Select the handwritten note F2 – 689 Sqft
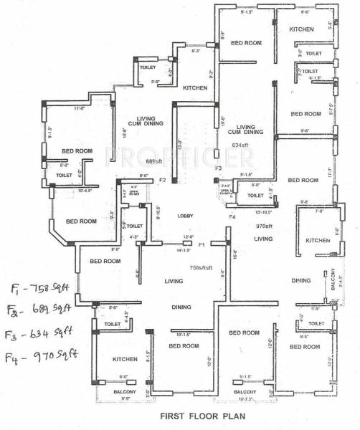point(41,310)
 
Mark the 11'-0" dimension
point(80,109)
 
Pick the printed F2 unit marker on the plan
point(163,180)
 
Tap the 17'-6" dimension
point(223,121)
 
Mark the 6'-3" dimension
point(194,51)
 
